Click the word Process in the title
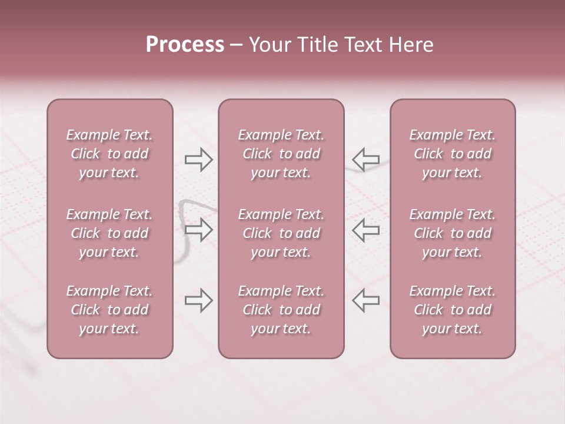tap(185, 45)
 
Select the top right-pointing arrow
tap(198, 159)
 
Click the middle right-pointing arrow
tap(198, 230)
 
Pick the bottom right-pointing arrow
tap(198, 300)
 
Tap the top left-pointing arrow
tap(365, 159)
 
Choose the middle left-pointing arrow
tap(365, 230)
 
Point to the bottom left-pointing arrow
tap(365, 300)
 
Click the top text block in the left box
tap(109, 154)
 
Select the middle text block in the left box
tap(109, 233)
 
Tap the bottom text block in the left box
tap(109, 310)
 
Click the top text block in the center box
tap(281, 154)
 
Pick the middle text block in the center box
tap(281, 233)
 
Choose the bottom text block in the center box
tap(281, 310)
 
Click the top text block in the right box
tap(453, 154)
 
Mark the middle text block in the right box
tap(453, 233)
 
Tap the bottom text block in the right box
tap(453, 310)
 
